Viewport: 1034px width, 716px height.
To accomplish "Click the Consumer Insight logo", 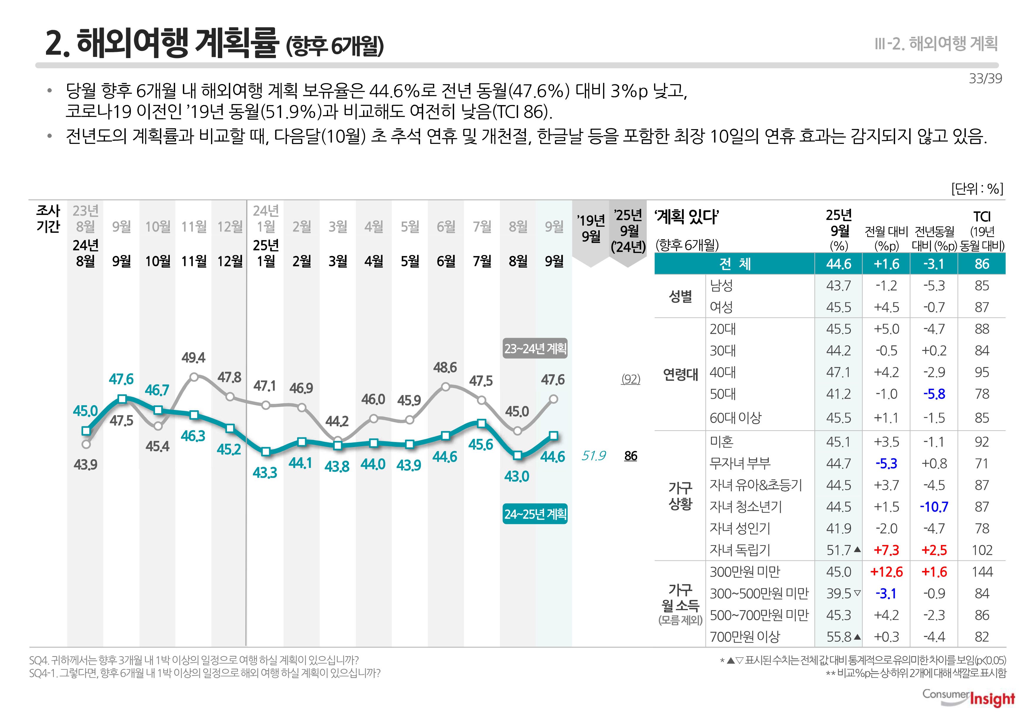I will coord(969,698).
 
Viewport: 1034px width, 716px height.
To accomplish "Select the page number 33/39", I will coord(985,78).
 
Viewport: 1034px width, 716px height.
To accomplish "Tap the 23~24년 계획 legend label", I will coord(535,349).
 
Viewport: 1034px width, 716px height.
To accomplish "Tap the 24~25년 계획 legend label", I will coord(535,514).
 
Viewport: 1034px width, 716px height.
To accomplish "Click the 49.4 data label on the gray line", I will coord(193,357).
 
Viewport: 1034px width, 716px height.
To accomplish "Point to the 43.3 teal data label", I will coord(265,472).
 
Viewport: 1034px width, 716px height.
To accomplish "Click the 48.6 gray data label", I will coord(445,367).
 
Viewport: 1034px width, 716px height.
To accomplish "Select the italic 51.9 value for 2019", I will coord(593,456).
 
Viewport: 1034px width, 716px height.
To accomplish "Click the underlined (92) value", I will coord(630,379).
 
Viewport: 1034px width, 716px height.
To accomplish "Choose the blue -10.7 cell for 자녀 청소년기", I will coord(934,507).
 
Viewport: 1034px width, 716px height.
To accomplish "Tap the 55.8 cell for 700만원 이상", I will coord(839,637).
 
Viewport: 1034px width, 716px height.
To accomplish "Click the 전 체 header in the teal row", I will coord(735,264).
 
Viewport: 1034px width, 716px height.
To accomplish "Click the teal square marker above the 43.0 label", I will coord(518,455).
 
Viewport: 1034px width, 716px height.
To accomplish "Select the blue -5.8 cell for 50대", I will coord(934,394).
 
